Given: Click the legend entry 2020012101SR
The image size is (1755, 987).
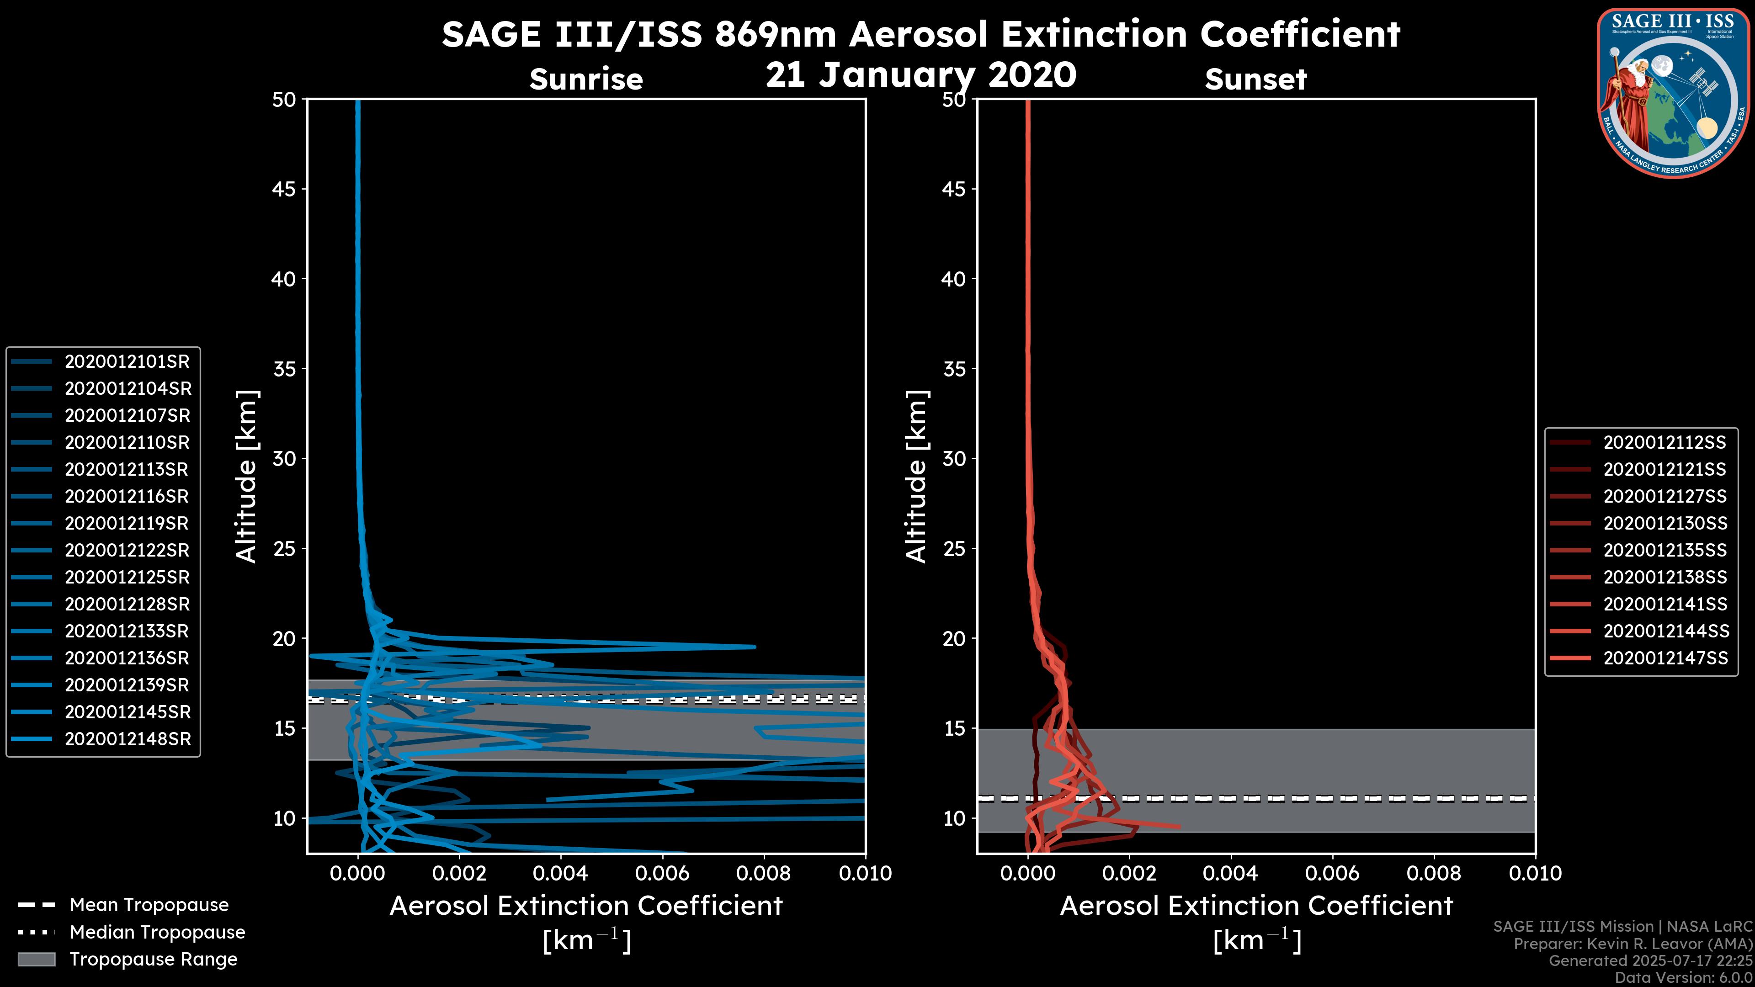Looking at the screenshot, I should pyautogui.click(x=127, y=362).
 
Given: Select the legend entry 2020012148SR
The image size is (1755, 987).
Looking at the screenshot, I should pyautogui.click(x=128, y=739).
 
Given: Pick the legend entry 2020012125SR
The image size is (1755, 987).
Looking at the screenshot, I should pyautogui.click(x=127, y=578).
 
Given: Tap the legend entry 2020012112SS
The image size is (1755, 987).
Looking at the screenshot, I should pyautogui.click(x=1665, y=443).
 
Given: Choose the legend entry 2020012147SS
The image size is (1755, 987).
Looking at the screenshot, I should pyautogui.click(x=1665, y=658).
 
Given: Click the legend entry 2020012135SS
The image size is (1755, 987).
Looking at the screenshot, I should pyautogui.click(x=1665, y=550).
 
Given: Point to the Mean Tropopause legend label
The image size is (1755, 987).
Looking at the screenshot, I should pyautogui.click(x=149, y=905).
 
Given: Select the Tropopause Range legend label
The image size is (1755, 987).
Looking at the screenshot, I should pyautogui.click(x=153, y=959).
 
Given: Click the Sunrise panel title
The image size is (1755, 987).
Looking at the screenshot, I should pyautogui.click(x=586, y=80).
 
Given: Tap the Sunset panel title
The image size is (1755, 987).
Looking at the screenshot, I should pyautogui.click(x=1255, y=80).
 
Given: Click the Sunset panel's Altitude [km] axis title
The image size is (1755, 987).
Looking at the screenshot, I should pyautogui.click(x=916, y=477).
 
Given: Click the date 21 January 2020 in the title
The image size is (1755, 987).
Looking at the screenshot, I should pyautogui.click(x=920, y=75).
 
